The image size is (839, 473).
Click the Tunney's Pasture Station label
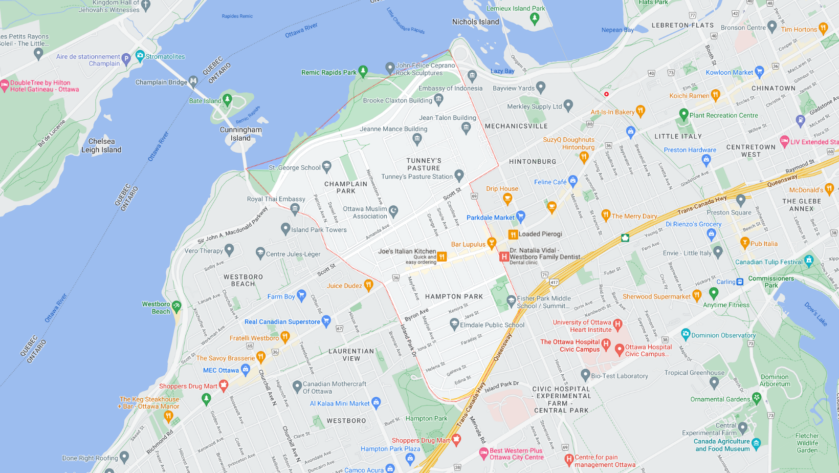pos(417,177)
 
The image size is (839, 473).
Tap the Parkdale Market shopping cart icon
pos(521,216)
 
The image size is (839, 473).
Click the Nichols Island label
pos(475,22)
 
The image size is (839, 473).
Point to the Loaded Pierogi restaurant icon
pos(513,234)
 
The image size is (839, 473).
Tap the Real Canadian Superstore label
pos(282,322)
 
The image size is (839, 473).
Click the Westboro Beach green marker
pos(176,306)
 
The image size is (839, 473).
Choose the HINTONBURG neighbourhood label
pos(533,162)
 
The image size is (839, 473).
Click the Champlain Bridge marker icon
pos(193,81)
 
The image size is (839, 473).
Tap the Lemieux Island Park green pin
pos(535,18)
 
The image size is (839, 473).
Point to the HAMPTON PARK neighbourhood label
pos(454,297)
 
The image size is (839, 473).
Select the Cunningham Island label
pos(240,134)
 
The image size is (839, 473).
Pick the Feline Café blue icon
pos(572,180)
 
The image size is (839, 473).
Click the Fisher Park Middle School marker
pos(511,300)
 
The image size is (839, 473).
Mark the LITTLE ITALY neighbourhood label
pos(678,136)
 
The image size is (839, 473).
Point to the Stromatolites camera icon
pos(140,55)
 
